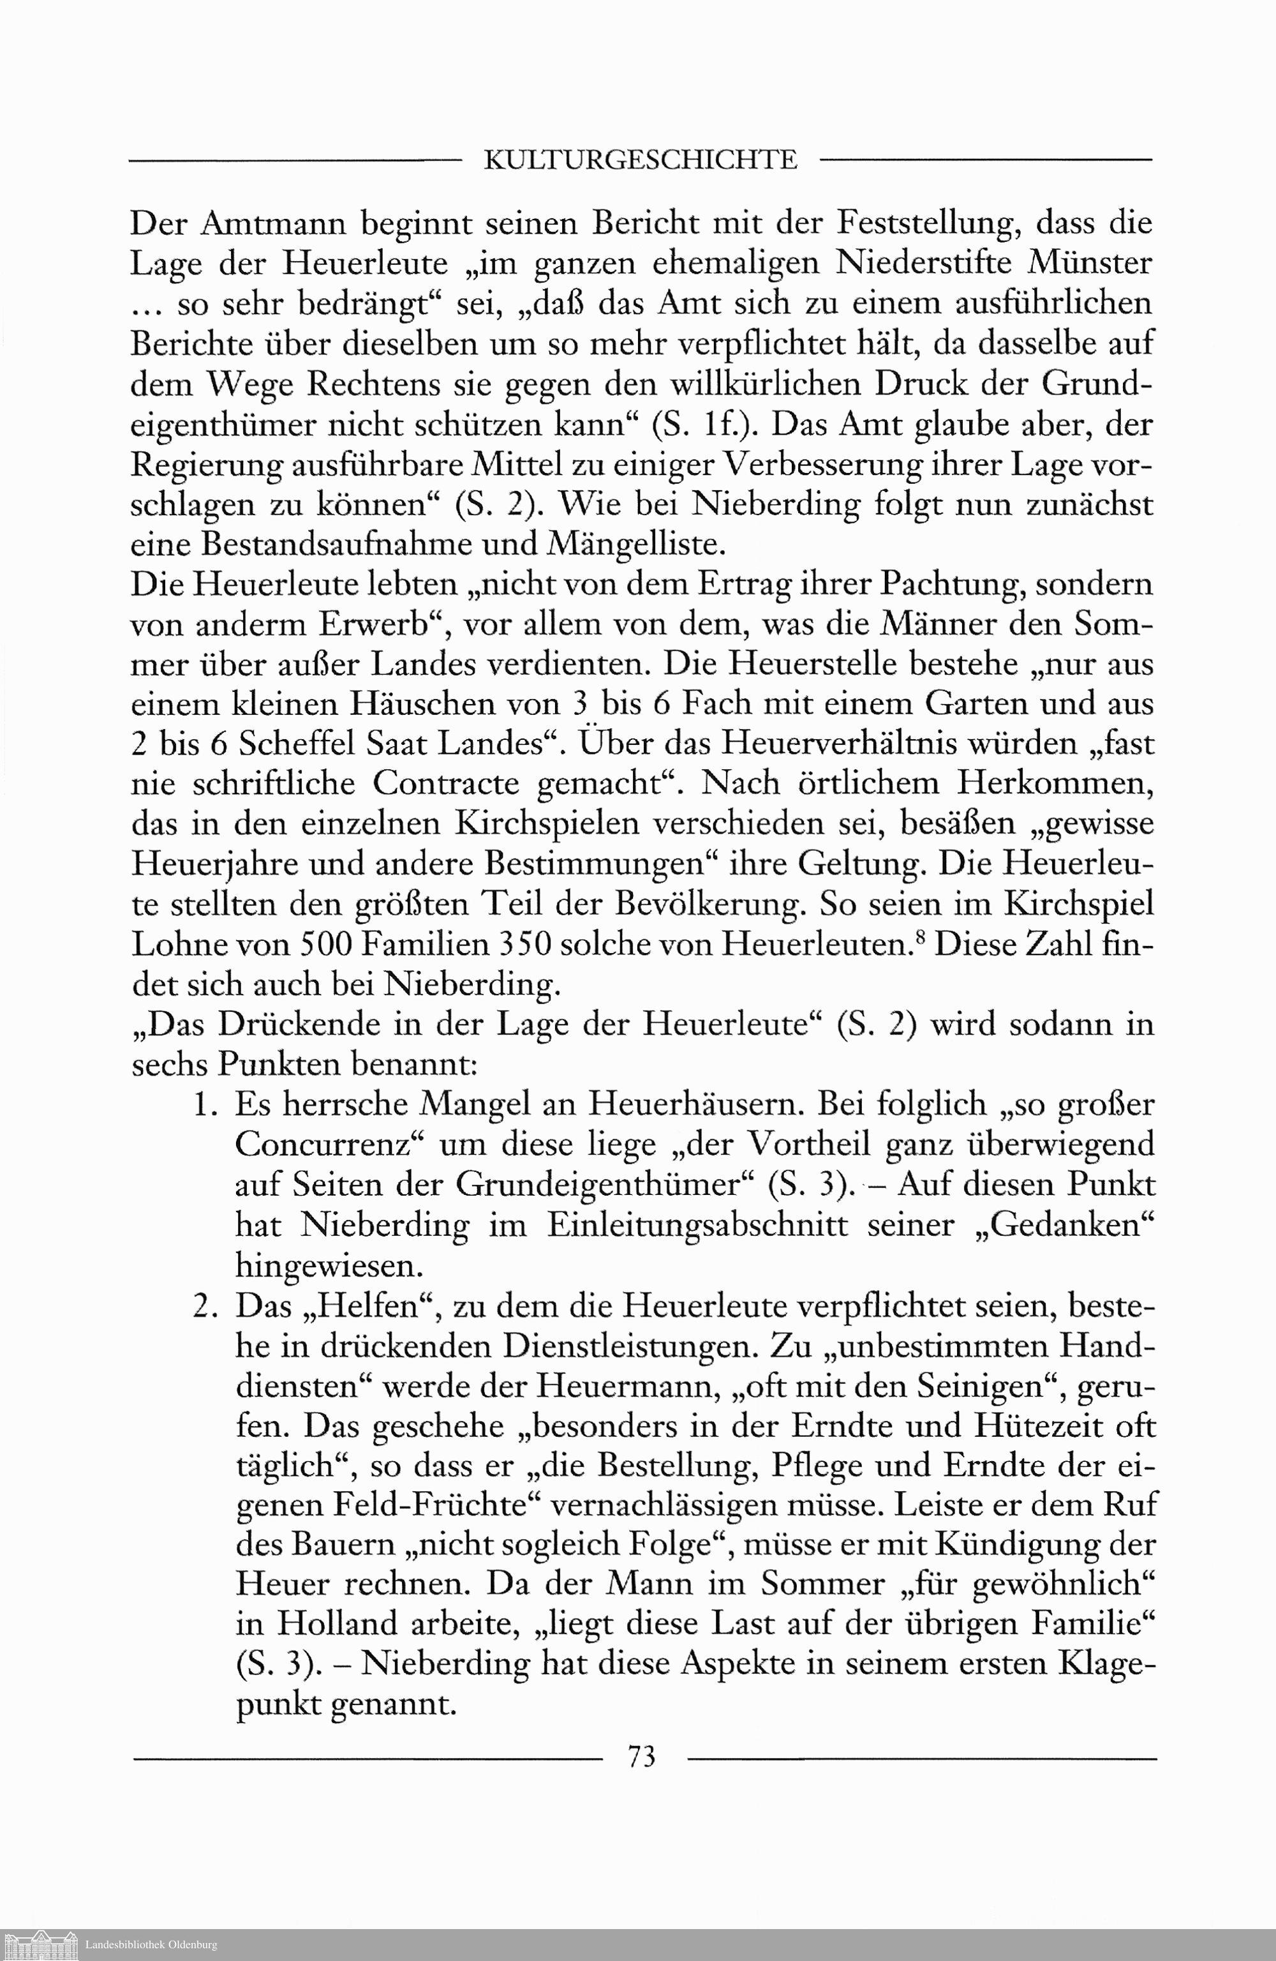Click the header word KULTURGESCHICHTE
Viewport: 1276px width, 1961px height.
coord(639,159)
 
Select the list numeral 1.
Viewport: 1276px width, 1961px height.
coord(204,1105)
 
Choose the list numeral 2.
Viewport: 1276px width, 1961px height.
coord(204,1306)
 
